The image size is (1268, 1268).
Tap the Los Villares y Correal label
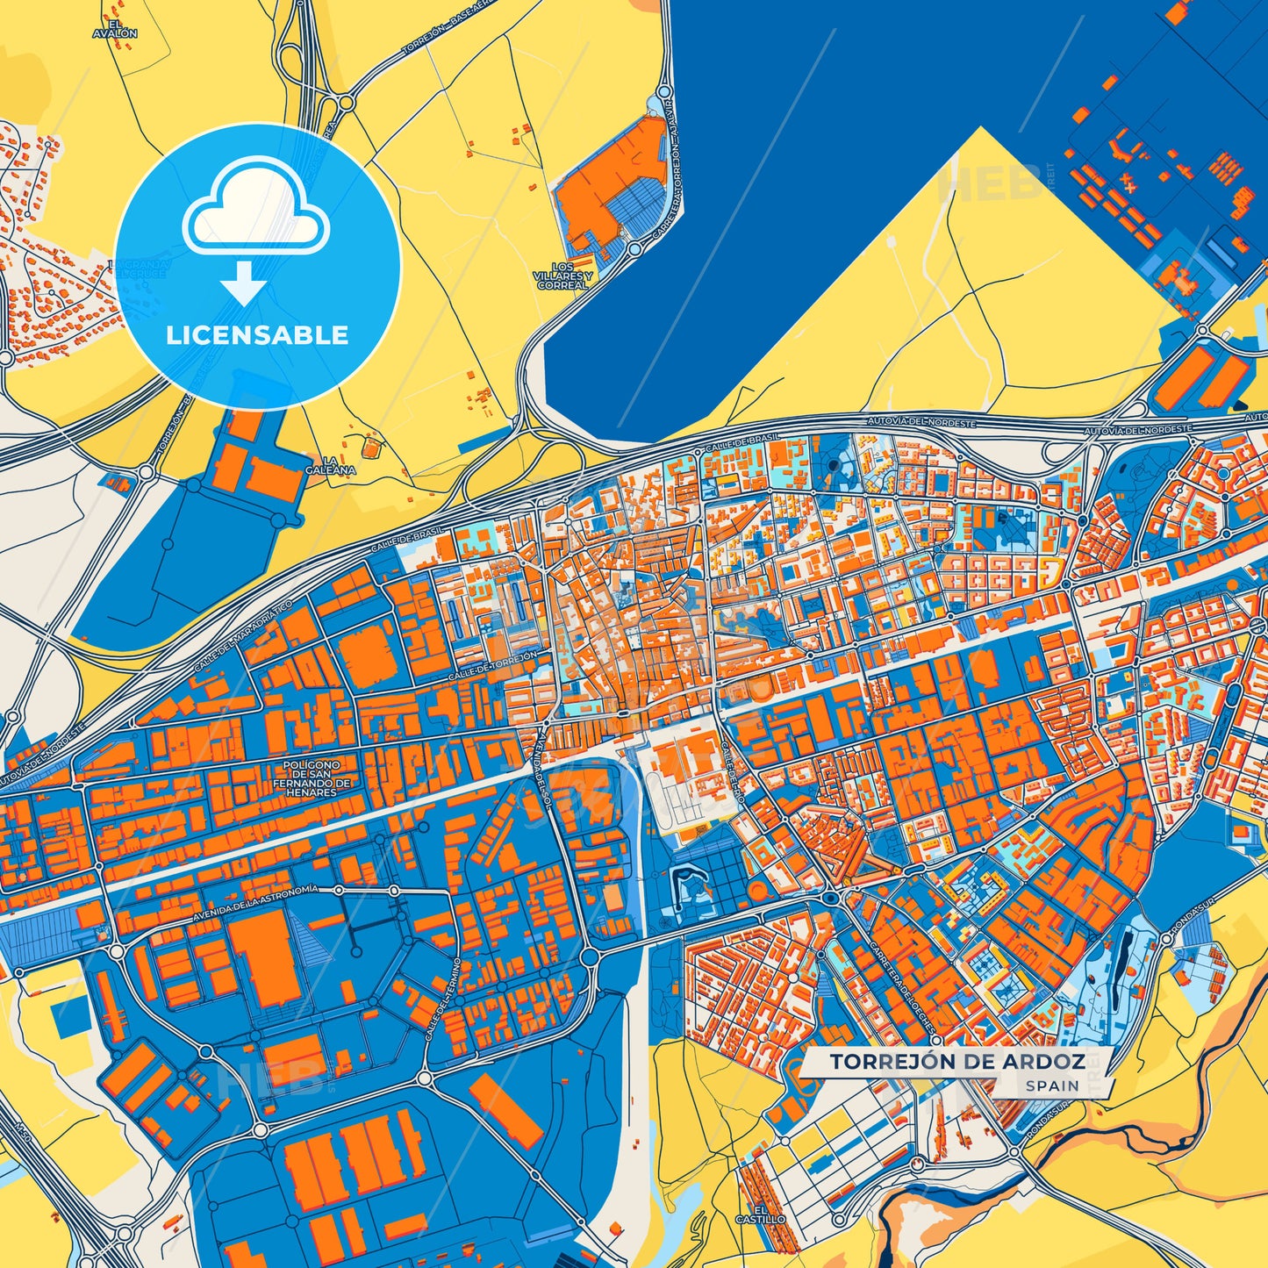coord(562,276)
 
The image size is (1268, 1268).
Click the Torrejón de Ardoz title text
coord(957,1062)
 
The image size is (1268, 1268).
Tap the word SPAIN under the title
coord(1052,1085)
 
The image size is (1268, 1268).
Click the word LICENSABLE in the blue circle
coord(257,335)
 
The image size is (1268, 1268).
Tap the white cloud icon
coord(255,207)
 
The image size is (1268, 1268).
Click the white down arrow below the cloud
coord(243,282)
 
